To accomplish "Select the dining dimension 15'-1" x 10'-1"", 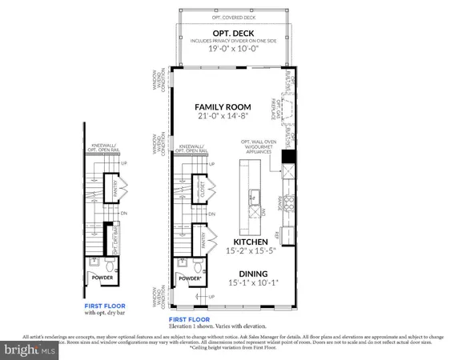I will click(246, 282).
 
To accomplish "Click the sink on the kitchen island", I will click(254, 194).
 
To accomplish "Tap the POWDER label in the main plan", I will click(190, 278).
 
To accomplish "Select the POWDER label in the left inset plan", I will click(101, 279).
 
